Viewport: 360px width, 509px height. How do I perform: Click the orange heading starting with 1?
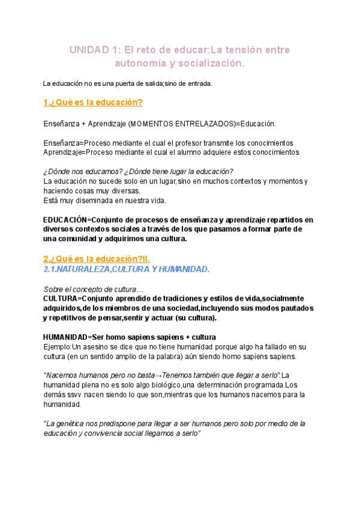tap(93, 103)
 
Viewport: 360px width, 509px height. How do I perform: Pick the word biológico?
tap(166, 385)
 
